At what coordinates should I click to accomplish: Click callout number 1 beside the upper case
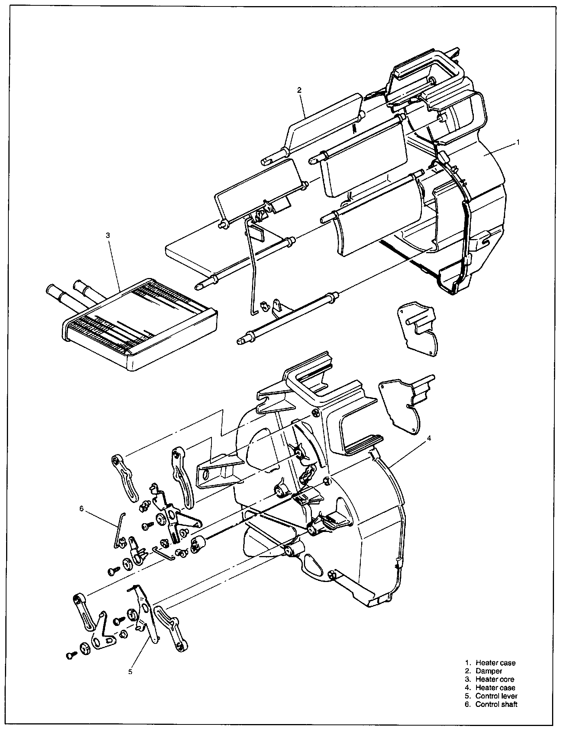pyautogui.click(x=518, y=142)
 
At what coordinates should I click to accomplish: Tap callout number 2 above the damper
pyautogui.click(x=299, y=90)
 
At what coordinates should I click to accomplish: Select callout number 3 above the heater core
pyautogui.click(x=108, y=236)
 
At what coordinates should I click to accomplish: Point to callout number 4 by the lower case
pyautogui.click(x=429, y=439)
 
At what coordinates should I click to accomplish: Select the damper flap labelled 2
pyautogui.click(x=325, y=115)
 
